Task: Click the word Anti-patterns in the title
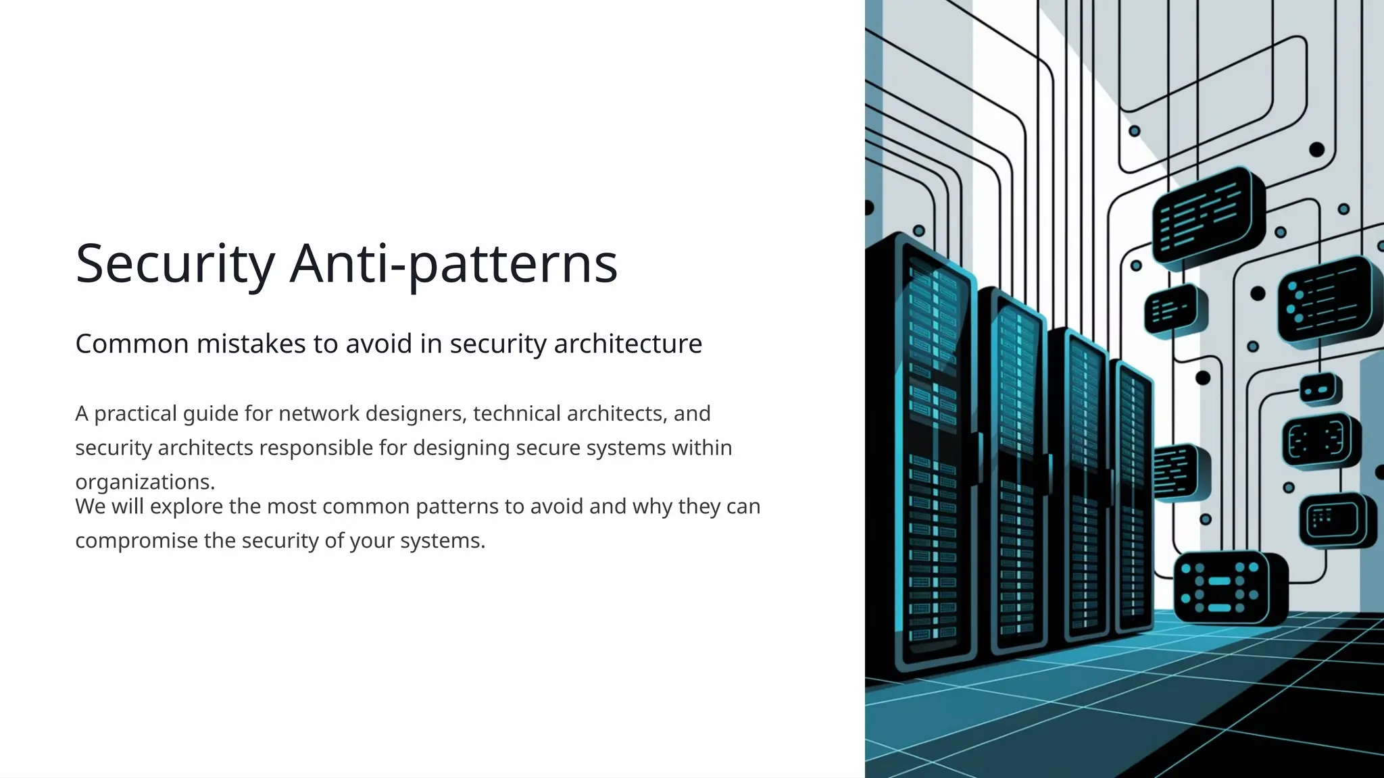(453, 264)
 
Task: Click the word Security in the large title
(175, 264)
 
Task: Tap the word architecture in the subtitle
(628, 344)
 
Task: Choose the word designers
(416, 413)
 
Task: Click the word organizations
(145, 482)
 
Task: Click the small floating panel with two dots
(1320, 390)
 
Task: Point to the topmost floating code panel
(1206, 215)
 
